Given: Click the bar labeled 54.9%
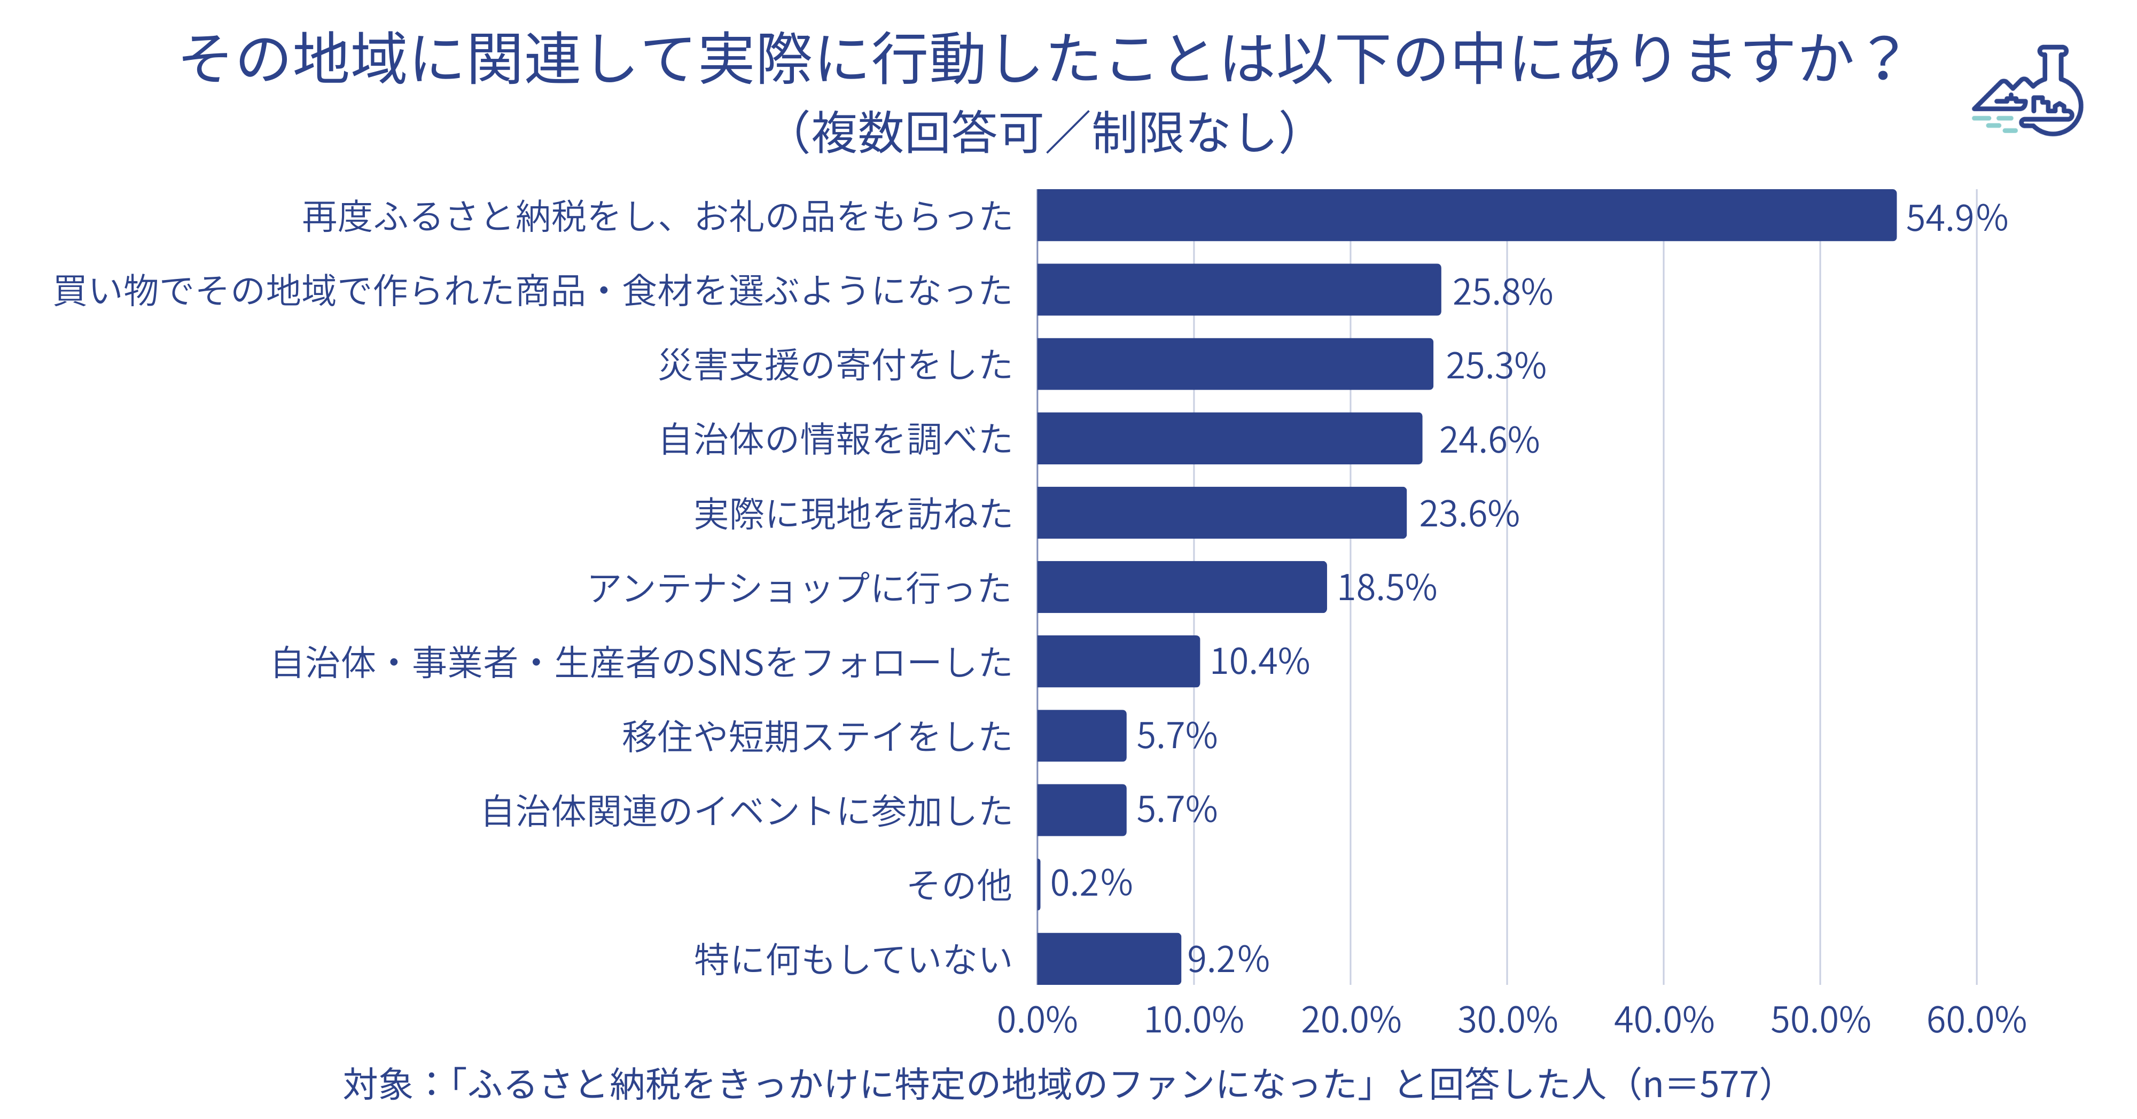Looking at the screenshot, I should [x=1466, y=216].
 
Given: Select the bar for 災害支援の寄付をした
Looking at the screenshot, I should [x=1235, y=364].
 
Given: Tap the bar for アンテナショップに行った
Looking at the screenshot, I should [x=1181, y=587].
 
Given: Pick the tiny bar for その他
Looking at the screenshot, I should [x=1039, y=884].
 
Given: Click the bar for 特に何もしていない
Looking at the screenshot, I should [x=1109, y=959].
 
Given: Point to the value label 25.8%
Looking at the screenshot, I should [x=1502, y=292].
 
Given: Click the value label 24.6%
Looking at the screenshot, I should [x=1489, y=440].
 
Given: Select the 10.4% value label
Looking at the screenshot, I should [x=1259, y=662].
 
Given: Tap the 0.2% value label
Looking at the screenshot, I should [x=1091, y=883].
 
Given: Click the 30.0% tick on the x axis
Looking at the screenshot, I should [x=1507, y=1020].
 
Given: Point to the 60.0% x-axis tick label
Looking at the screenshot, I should [x=1976, y=1020].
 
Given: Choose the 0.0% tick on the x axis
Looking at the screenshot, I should [x=1037, y=1020].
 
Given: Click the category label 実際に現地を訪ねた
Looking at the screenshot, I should [x=853, y=514].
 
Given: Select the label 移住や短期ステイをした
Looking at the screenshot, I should [x=817, y=736].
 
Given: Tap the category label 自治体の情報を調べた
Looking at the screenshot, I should [x=836, y=440].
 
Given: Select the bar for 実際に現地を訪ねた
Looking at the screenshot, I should [x=1221, y=512].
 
